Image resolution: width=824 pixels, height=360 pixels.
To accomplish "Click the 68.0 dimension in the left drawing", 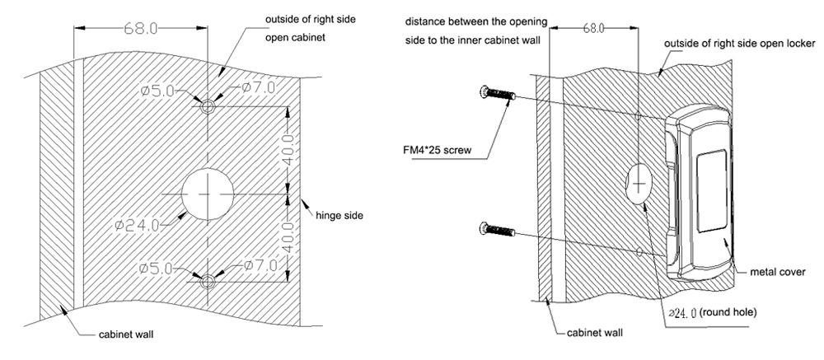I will pos(141,27).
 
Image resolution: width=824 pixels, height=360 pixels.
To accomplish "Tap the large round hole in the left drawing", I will pos(208,194).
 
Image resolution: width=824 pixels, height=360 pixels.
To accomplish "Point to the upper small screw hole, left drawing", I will pos(208,106).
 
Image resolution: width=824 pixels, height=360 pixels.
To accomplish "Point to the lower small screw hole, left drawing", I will pos(208,281).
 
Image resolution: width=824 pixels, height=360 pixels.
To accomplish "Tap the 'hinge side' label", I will pos(339,215).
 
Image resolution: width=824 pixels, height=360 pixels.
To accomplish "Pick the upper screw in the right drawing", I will pos(498,95).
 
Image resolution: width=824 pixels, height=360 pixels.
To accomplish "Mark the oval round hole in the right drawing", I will pos(639,180).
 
